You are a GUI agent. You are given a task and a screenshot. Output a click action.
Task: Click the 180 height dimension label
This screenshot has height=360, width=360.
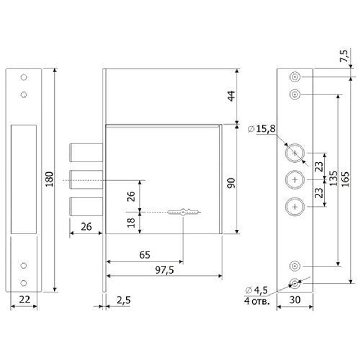coord(49,179)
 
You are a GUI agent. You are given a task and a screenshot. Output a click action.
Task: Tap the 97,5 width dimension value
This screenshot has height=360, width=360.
coord(165,270)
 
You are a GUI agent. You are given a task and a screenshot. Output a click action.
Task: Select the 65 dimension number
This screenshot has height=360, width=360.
coord(145,255)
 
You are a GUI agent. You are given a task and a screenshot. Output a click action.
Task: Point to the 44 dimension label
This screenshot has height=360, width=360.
coord(231,96)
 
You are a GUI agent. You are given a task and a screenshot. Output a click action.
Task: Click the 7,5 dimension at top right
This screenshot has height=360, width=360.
coord(344,56)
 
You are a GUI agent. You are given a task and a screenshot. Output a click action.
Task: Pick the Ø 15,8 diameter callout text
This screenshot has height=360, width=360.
coord(262,129)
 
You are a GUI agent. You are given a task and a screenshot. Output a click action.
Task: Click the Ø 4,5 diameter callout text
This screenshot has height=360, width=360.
coord(256,290)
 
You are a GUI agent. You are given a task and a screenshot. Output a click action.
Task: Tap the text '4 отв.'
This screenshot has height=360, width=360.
coord(256,301)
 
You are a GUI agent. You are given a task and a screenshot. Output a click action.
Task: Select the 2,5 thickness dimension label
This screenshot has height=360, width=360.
coord(123,300)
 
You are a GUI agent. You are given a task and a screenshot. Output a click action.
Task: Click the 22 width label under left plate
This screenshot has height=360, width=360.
coord(24,300)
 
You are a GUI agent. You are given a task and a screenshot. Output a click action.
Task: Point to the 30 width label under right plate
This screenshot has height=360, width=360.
coord(295,300)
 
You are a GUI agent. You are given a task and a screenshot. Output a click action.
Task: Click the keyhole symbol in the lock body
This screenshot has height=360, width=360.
coord(183,212)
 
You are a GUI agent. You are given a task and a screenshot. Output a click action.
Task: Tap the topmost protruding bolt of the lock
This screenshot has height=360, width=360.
coord(86,153)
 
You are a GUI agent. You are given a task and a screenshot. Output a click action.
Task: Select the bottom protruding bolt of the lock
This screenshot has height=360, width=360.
coord(86,206)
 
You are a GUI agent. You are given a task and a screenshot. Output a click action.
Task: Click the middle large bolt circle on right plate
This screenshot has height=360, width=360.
coord(295,180)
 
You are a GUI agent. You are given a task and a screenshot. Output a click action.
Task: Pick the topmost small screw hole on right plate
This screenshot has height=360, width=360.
coord(295,77)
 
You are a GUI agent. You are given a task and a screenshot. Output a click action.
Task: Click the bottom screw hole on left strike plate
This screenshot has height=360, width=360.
coord(24,283)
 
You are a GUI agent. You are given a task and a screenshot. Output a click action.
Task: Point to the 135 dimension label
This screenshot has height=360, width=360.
coord(333,178)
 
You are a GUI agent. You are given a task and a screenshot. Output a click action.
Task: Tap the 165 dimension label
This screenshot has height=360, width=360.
coord(345,179)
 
